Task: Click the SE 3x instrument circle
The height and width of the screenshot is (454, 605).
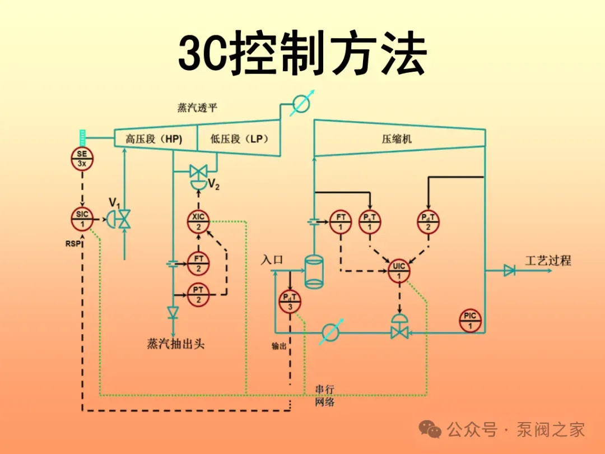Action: coord(82,159)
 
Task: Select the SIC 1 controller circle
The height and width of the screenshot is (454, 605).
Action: coord(82,219)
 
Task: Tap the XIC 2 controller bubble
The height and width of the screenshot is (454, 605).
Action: coord(198,222)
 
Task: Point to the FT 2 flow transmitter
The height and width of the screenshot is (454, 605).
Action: coord(198,263)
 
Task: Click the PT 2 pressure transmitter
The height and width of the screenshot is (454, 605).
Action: coord(198,294)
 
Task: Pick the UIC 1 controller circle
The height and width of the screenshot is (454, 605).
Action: coord(399,271)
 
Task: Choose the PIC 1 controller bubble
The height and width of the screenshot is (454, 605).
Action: coord(470,321)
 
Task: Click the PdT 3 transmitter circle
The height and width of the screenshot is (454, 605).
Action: coord(290,302)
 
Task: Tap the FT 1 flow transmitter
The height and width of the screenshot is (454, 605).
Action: coord(341,222)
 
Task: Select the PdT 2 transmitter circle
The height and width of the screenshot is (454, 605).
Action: coord(429,222)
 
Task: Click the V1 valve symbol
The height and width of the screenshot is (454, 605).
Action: coord(119,219)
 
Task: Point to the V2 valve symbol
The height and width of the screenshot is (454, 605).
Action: coord(199,177)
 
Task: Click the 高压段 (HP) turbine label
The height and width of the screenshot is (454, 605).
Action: coord(153,139)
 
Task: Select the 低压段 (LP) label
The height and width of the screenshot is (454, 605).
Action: coord(239,139)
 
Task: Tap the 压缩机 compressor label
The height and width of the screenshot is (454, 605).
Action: coord(397,139)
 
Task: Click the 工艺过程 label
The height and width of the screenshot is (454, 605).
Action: coord(548,261)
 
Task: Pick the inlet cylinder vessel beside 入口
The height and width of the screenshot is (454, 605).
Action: coord(314,272)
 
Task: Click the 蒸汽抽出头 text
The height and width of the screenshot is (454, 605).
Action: coord(175,344)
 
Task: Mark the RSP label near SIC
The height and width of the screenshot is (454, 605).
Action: coord(73,244)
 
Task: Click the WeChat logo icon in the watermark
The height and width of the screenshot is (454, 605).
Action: coord(430,429)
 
